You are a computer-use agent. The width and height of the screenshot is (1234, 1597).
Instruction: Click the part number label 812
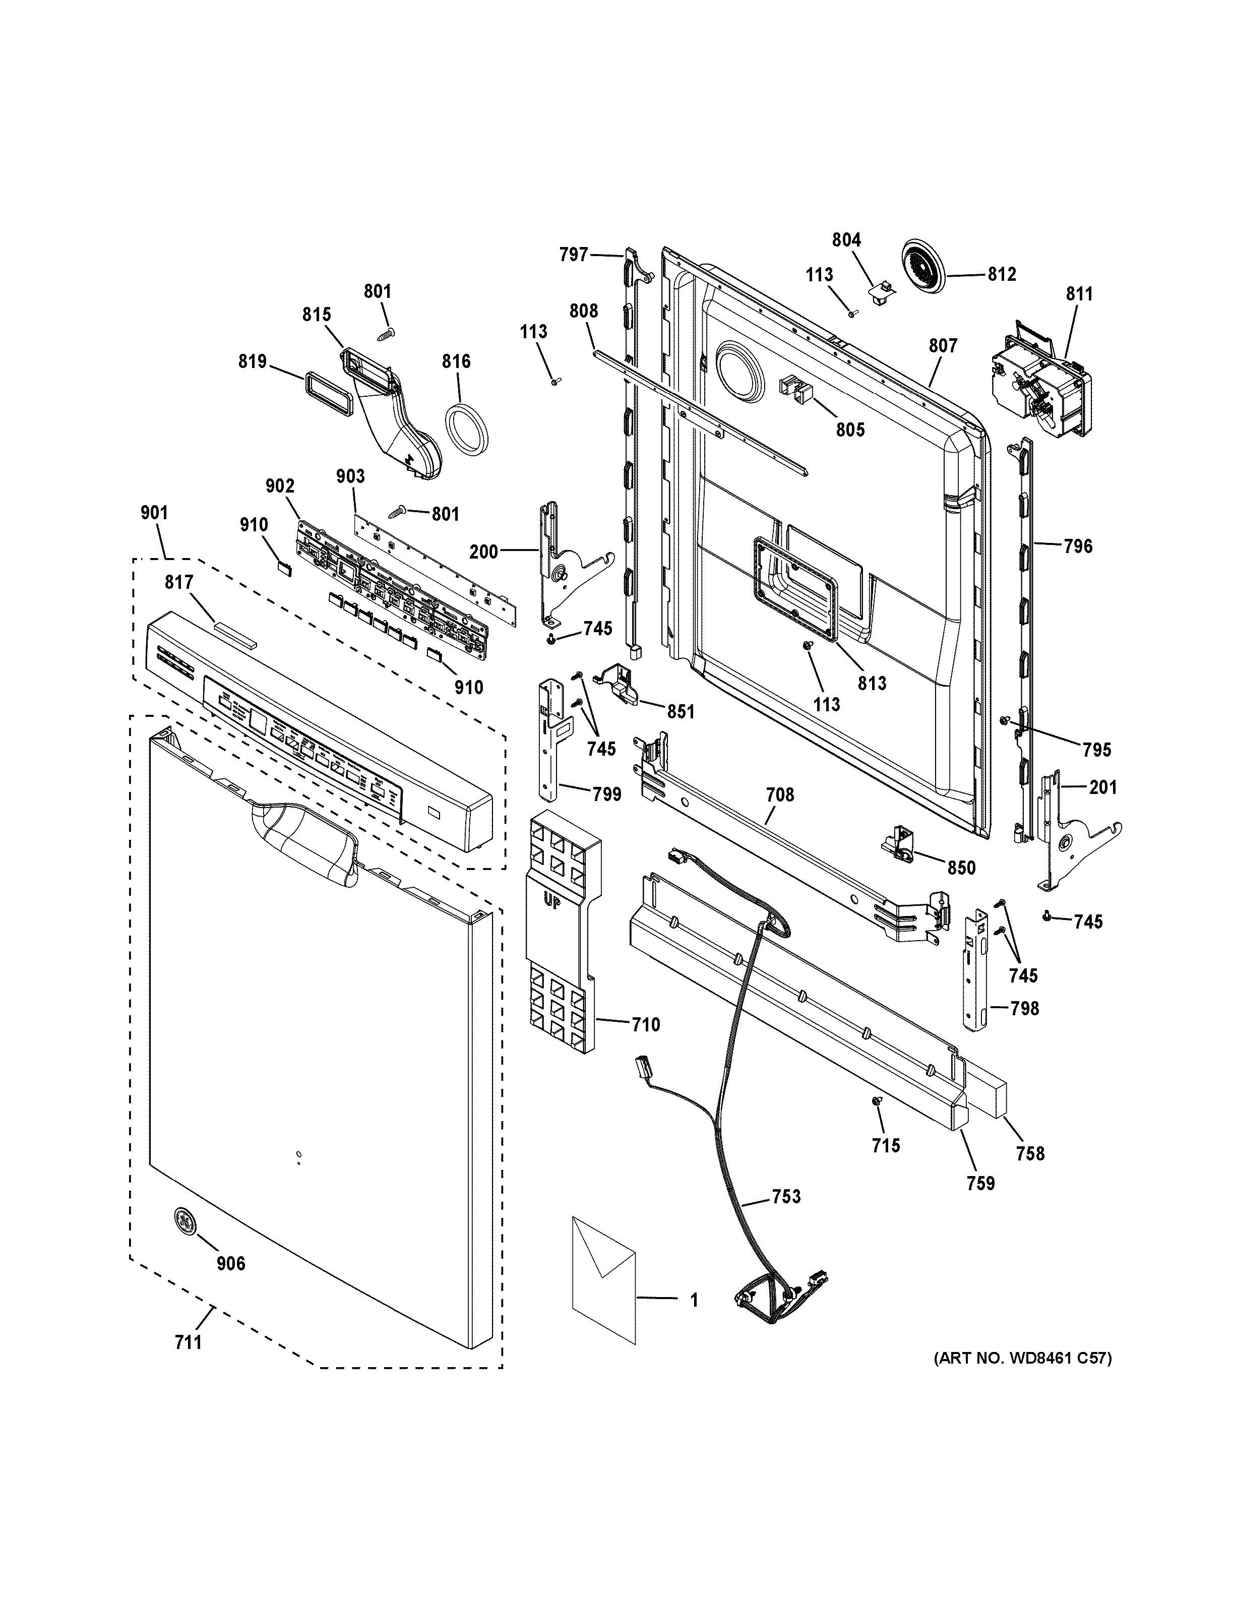pyautogui.click(x=1002, y=274)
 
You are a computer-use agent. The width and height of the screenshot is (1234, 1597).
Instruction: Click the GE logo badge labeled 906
pyautogui.click(x=186, y=1222)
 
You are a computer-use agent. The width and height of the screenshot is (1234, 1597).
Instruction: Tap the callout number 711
pyautogui.click(x=188, y=1342)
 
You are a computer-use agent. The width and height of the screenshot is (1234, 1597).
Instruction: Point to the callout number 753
pyautogui.click(x=786, y=1196)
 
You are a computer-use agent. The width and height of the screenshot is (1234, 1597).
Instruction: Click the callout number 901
pyautogui.click(x=154, y=513)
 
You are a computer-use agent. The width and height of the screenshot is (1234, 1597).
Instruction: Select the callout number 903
pyautogui.click(x=350, y=476)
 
